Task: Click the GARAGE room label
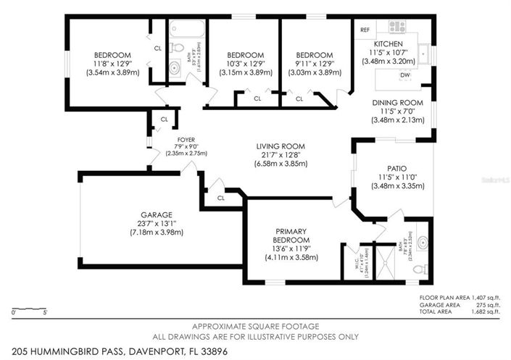156,215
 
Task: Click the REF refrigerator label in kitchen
365,30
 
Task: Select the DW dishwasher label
405,75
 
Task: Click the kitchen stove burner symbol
396,27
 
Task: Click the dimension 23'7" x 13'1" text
156,224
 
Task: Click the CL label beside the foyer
164,120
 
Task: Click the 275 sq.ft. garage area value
488,305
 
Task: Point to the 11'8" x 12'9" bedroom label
112,64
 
